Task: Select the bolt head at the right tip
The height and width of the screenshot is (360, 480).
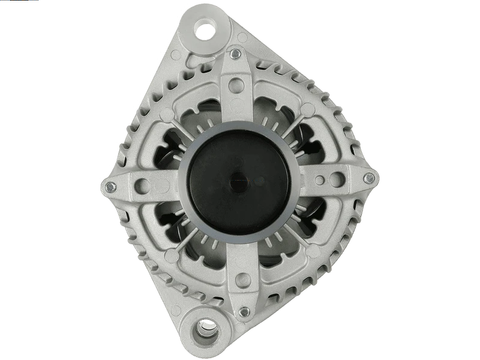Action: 370,178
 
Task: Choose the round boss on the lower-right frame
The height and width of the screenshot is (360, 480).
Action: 309,247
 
